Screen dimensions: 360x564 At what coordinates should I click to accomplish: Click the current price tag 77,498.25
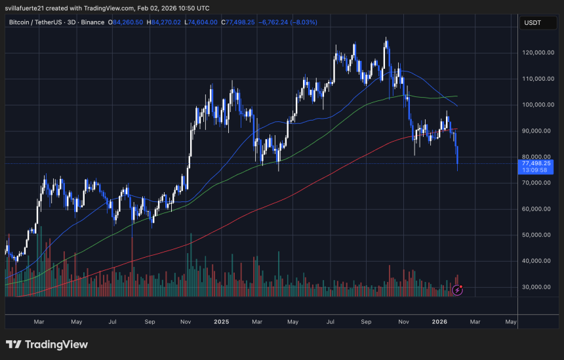(536, 163)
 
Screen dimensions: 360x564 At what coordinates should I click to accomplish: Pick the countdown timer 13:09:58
(536, 170)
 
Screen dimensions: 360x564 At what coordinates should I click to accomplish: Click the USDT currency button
(532, 23)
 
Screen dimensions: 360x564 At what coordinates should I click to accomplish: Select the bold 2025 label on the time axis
(222, 322)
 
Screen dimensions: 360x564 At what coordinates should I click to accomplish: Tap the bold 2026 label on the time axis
(439, 322)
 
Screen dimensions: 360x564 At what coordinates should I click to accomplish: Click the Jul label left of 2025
(112, 322)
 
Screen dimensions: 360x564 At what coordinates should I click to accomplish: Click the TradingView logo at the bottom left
(47, 344)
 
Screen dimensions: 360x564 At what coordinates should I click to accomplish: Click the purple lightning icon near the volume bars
(458, 289)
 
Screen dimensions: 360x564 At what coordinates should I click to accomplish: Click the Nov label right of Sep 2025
(403, 322)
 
